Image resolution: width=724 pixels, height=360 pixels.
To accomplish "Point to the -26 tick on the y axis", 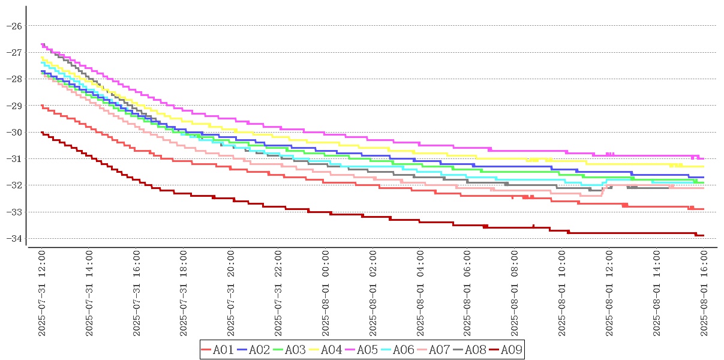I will (14, 26).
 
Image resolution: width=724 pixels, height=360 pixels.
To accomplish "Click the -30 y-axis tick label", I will (14, 132).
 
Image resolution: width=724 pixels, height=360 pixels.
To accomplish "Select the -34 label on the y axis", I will (14, 238).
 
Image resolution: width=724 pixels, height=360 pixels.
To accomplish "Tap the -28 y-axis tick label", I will (14, 79).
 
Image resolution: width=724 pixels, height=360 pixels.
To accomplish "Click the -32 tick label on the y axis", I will (14, 185).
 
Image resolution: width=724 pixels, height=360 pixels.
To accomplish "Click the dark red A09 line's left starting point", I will (41, 132).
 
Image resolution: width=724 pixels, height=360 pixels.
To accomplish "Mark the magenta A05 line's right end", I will (704, 158).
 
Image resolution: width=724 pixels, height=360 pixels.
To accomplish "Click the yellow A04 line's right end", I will (704, 167).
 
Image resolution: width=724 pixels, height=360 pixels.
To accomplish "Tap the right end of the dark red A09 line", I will (704, 235).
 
